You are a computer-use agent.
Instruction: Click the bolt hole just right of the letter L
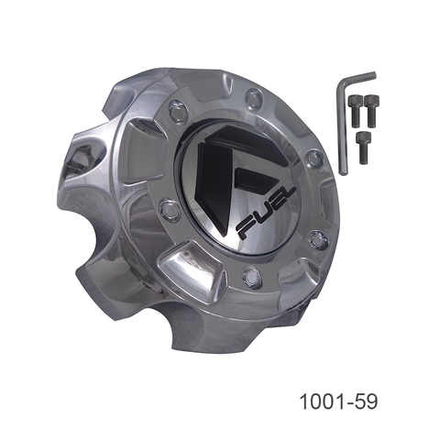[x=318, y=240]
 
